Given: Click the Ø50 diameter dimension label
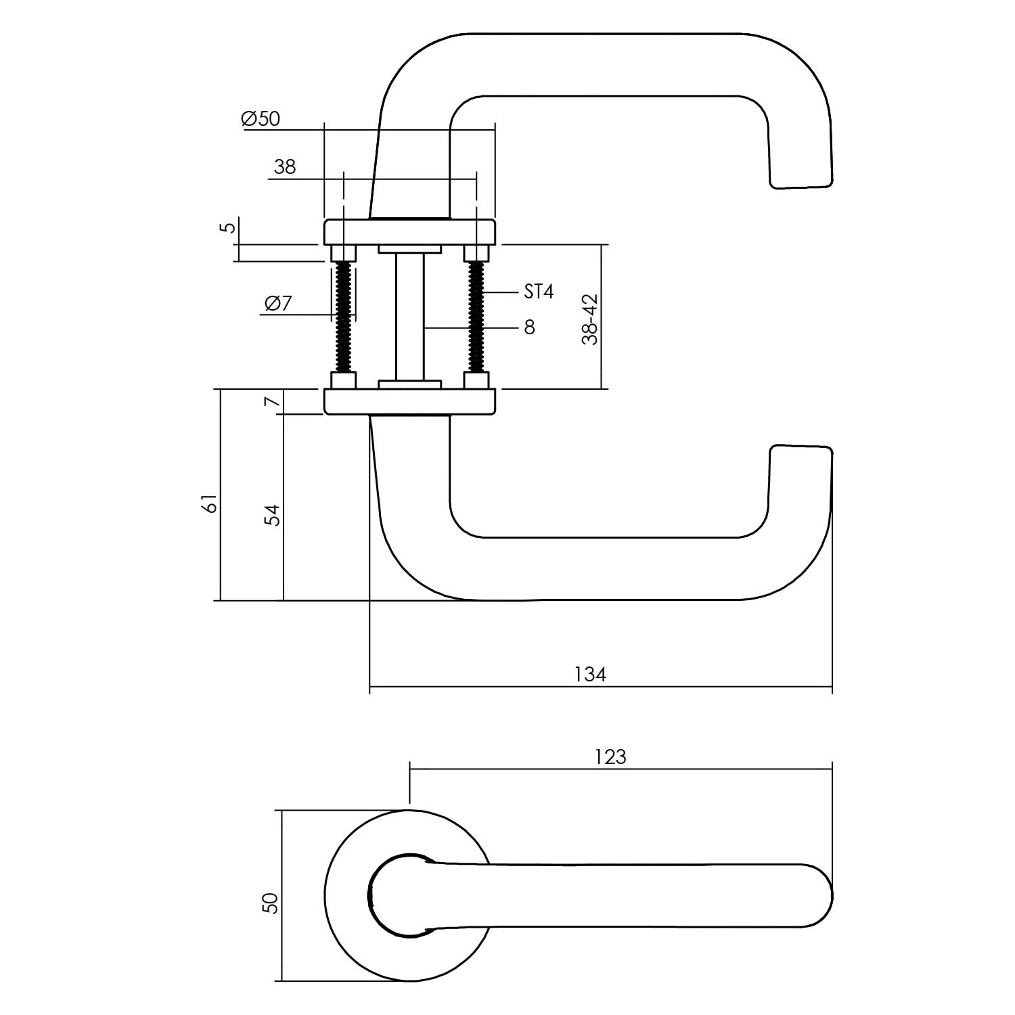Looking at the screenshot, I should coord(260,119).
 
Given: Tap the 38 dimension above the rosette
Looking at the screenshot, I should coord(285,167).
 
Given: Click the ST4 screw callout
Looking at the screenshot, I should coord(539,292).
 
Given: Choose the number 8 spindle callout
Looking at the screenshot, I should coord(529,328).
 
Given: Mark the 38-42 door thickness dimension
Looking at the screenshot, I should coord(590,319).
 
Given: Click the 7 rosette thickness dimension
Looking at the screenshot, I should coord(272,402).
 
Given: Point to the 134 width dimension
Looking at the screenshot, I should coord(590,675).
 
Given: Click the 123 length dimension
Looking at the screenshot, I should coord(610,757).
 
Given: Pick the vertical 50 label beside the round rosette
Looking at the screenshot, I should coord(271,903).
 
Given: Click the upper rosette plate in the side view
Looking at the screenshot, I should coord(410,231).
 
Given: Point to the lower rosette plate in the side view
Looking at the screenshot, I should coord(410,401).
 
